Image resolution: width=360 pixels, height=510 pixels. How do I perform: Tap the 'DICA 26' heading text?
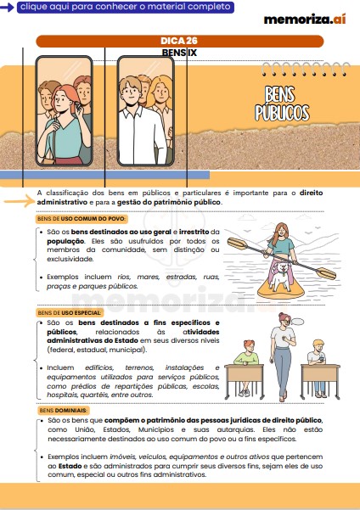[x=179, y=41]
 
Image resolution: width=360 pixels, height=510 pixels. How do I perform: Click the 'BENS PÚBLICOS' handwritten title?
[x=282, y=104]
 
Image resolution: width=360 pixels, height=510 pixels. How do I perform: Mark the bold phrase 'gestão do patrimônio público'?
[x=175, y=202]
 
